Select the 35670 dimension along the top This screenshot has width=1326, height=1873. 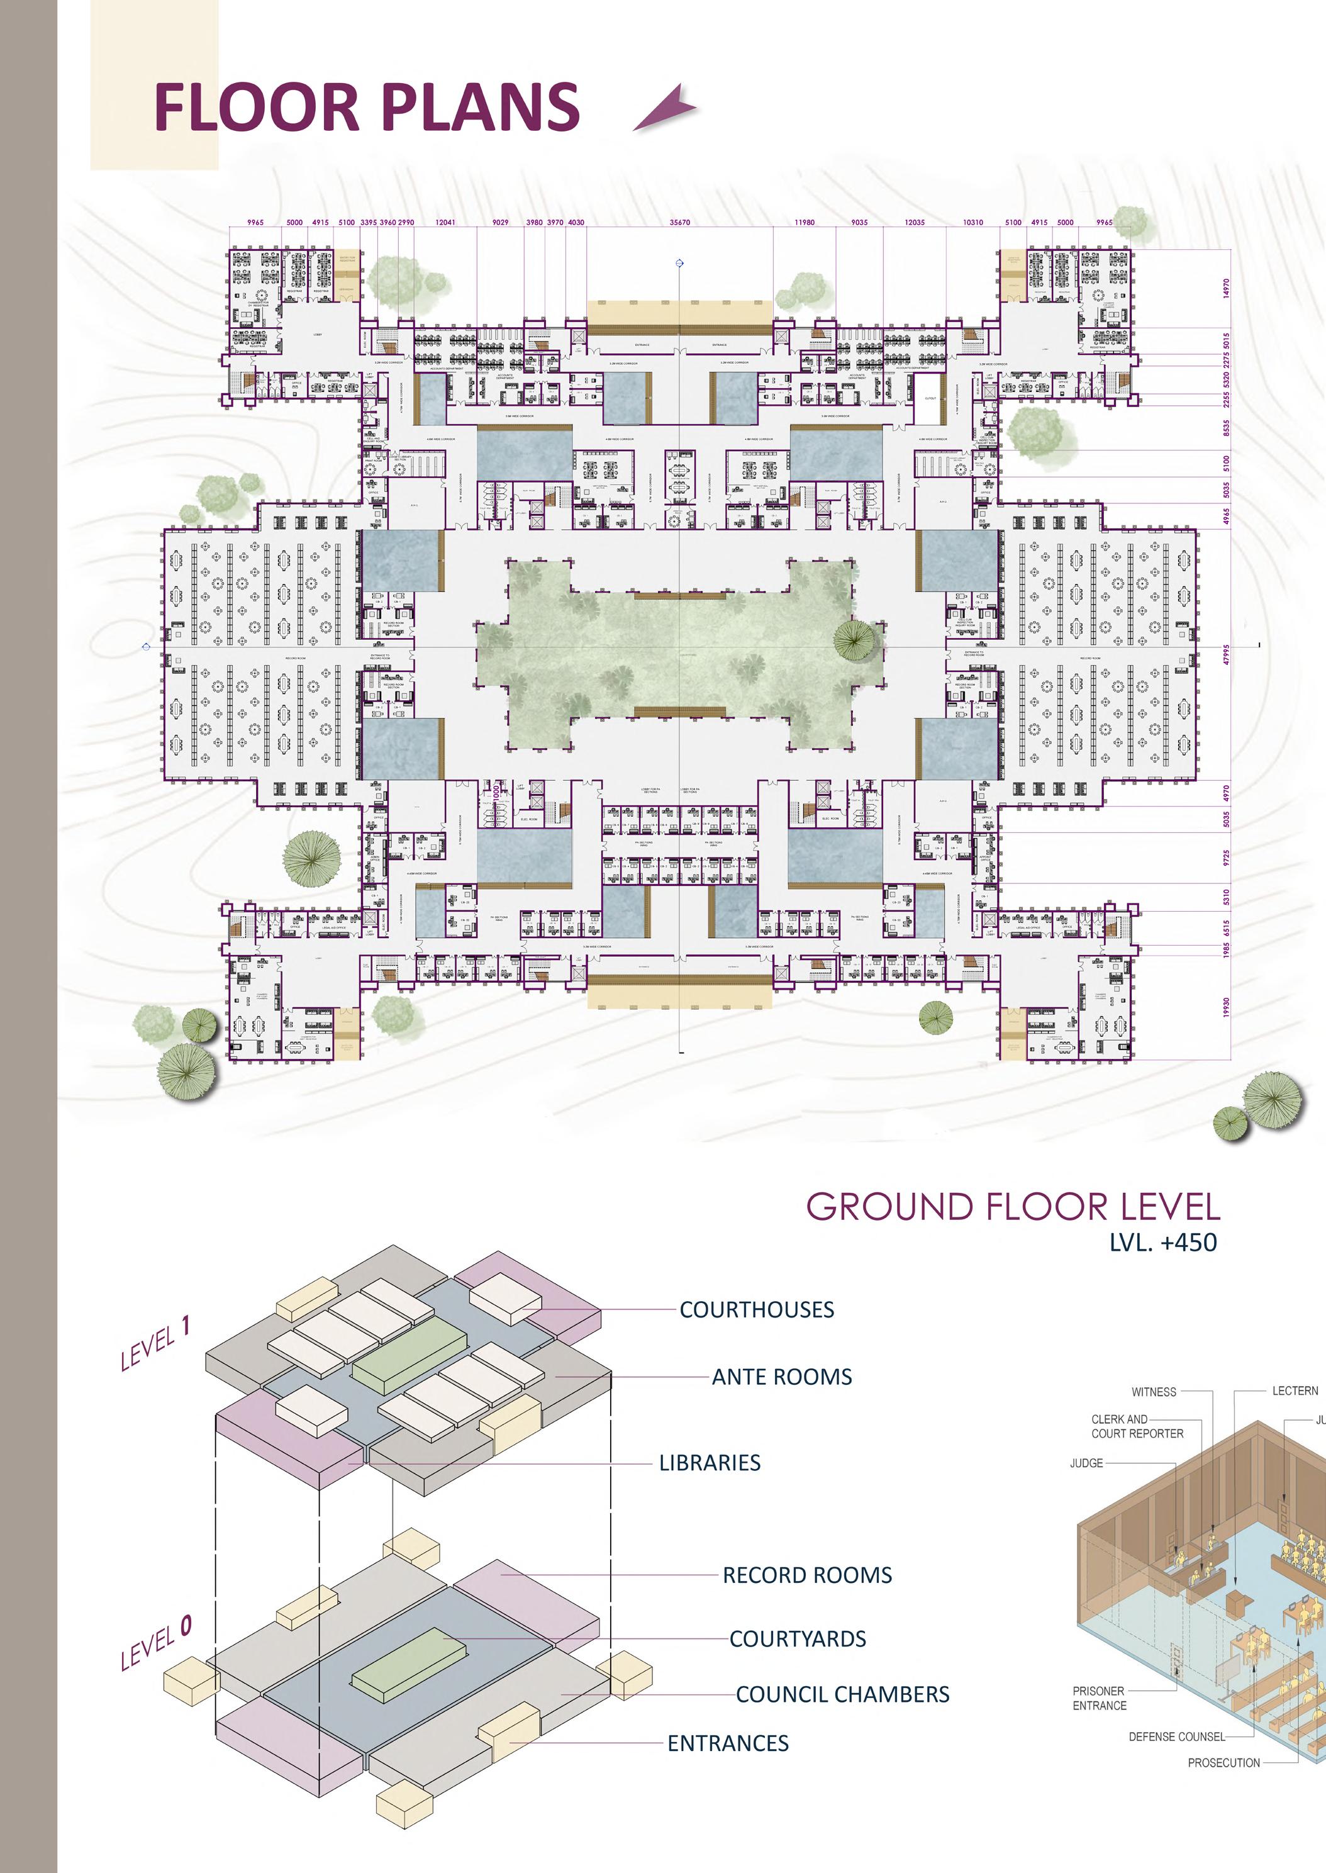click(679, 222)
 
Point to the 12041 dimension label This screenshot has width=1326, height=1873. click(445, 222)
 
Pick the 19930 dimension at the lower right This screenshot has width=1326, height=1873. click(1225, 1007)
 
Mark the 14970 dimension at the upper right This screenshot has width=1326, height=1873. click(1225, 288)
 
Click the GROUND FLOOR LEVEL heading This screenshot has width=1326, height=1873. click(1013, 1207)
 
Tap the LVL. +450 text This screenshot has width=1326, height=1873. click(1162, 1243)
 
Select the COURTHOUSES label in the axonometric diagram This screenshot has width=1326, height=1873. click(756, 1310)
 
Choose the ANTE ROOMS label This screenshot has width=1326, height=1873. click(781, 1377)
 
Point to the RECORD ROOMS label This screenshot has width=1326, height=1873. click(806, 1575)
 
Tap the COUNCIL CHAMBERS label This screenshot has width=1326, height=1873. click(842, 1694)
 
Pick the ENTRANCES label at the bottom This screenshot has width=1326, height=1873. click(728, 1743)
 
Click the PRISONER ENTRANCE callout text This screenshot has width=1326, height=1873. click(1099, 1698)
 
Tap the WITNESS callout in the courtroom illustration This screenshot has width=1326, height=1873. click(1154, 1392)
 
